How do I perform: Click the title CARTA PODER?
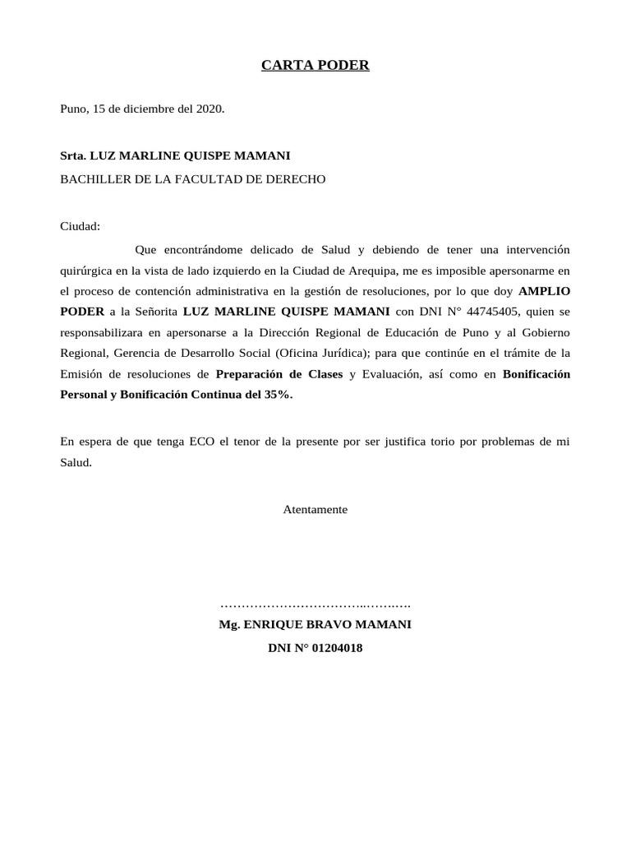click(x=315, y=66)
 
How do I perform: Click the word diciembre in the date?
click(x=143, y=109)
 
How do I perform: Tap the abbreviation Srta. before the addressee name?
click(x=73, y=155)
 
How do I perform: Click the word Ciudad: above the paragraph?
click(x=80, y=226)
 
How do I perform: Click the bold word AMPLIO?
click(x=544, y=291)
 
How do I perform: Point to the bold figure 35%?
click(x=275, y=395)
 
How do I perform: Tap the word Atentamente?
click(x=315, y=510)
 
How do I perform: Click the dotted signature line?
click(x=315, y=604)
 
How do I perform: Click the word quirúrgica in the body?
click(x=90, y=270)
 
